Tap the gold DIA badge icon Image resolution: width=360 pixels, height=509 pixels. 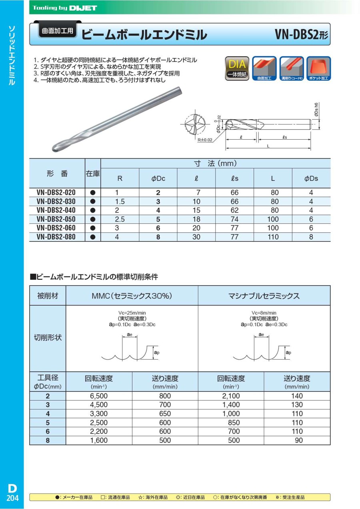237,68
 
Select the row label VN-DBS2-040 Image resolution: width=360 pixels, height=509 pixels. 56,210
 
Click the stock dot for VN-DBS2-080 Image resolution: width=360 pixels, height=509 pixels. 93,237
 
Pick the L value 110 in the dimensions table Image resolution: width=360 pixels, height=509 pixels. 273,237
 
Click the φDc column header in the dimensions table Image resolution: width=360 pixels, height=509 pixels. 158,178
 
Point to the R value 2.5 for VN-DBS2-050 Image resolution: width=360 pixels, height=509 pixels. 120,219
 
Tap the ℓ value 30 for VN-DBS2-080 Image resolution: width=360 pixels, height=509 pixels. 197,237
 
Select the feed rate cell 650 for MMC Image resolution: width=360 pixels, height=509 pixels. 165,414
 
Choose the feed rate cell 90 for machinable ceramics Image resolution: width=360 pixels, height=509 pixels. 297,440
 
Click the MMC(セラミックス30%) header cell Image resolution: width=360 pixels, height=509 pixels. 132,296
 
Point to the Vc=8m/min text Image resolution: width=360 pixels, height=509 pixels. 264,313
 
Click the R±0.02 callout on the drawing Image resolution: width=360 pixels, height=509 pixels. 205,140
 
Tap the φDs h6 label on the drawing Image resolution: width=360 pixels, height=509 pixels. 316,110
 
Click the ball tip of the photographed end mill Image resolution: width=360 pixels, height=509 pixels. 59,147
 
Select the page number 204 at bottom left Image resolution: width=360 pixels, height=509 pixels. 12,498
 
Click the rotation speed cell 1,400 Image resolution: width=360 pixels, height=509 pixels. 231,405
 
